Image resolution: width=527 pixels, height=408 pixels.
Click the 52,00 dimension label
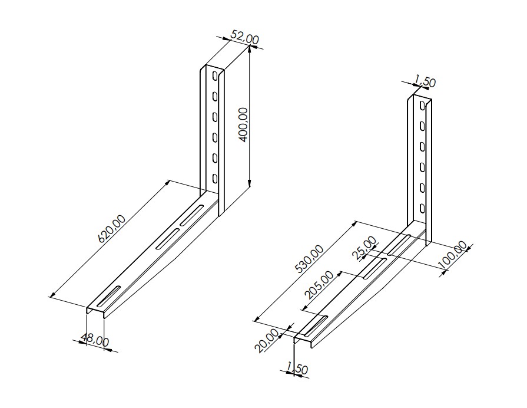(245, 37)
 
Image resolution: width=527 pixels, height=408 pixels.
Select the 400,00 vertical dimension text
(243, 125)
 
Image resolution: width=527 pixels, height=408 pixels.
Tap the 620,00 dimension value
(112, 229)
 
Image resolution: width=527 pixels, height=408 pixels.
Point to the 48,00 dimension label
(95, 340)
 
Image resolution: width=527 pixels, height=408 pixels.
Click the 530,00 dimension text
(309, 258)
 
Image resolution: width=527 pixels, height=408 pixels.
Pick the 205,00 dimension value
(319, 285)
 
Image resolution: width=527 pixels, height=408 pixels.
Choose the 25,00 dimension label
(364, 248)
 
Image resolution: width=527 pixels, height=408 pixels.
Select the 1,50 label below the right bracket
(297, 368)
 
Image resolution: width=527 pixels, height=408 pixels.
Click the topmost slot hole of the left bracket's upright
(214, 77)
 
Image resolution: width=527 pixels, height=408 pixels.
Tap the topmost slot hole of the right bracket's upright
(422, 106)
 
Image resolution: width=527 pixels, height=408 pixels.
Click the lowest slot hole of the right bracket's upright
(422, 208)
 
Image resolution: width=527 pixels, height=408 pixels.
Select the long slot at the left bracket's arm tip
(108, 296)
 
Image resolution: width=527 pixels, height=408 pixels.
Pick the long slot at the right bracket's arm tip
(316, 325)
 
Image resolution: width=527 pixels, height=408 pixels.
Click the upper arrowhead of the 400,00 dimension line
(250, 50)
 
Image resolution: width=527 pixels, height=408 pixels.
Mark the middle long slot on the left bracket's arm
(167, 239)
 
